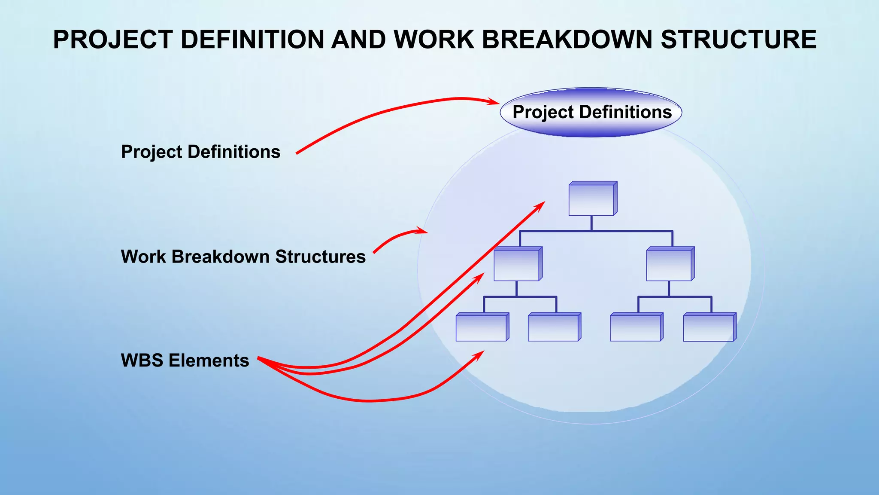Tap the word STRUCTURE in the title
coord(738,40)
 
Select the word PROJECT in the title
coord(113,40)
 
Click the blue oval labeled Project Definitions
coord(591,113)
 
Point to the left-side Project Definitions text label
coord(200,152)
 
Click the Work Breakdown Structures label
coord(243,257)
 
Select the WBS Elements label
coord(185,360)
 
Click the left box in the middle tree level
coord(517,265)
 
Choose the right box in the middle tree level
coord(669,265)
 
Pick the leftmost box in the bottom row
coord(481,328)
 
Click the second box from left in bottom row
coord(553,328)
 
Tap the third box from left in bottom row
coord(635,328)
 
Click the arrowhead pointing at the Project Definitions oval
coord(494,102)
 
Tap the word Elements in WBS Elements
coord(209,360)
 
